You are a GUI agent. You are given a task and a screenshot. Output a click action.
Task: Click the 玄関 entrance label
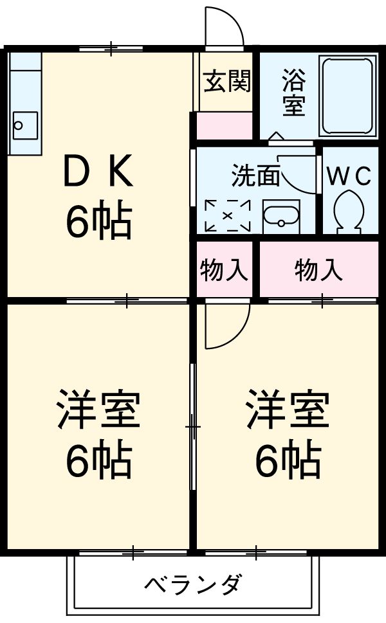pyautogui.click(x=227, y=83)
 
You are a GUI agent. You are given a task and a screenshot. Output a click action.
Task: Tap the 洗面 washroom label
pyautogui.click(x=255, y=176)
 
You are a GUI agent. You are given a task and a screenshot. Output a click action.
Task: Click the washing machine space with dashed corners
pyautogui.click(x=227, y=216)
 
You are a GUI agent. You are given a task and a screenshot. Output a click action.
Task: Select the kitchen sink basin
pyautogui.click(x=24, y=123)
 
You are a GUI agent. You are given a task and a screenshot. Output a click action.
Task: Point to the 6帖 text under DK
pyautogui.click(x=98, y=222)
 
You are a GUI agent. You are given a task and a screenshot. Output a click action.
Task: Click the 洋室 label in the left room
pyautogui.click(x=98, y=409)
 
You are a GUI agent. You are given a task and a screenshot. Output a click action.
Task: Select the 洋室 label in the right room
pyautogui.click(x=288, y=409)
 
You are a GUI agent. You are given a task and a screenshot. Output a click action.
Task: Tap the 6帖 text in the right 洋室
pyautogui.click(x=288, y=459)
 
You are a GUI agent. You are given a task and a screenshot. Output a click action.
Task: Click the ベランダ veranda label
pyautogui.click(x=193, y=586)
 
